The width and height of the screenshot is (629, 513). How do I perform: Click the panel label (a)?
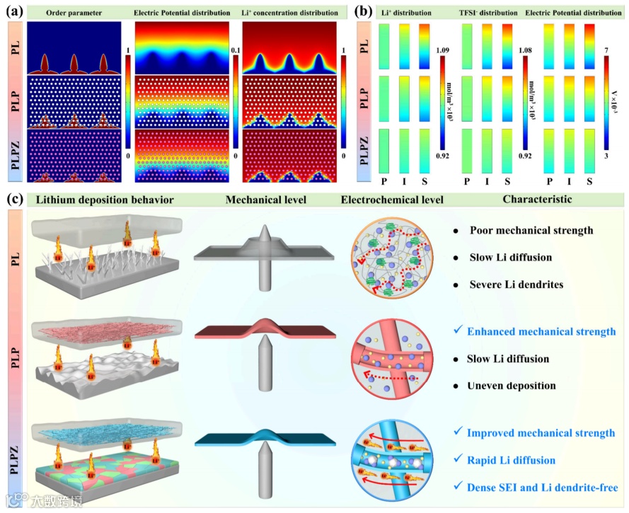[14, 12]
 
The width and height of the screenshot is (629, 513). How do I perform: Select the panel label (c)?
[14, 200]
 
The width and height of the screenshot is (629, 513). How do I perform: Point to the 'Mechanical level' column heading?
[265, 200]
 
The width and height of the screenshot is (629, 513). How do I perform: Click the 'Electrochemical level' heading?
[392, 200]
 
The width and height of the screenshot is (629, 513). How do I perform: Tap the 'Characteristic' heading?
[536, 200]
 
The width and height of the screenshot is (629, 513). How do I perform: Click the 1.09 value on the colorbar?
[443, 50]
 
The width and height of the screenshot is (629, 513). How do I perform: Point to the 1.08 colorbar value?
[527, 50]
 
